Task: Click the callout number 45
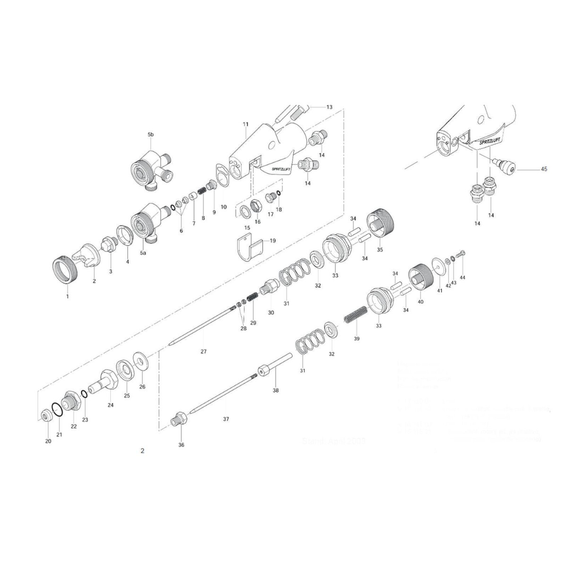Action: (x=544, y=169)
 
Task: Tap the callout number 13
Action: (x=329, y=107)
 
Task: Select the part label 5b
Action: (x=150, y=135)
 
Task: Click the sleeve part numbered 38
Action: (x=275, y=366)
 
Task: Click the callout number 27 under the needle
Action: (x=203, y=352)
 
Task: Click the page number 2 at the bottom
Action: (x=142, y=451)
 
